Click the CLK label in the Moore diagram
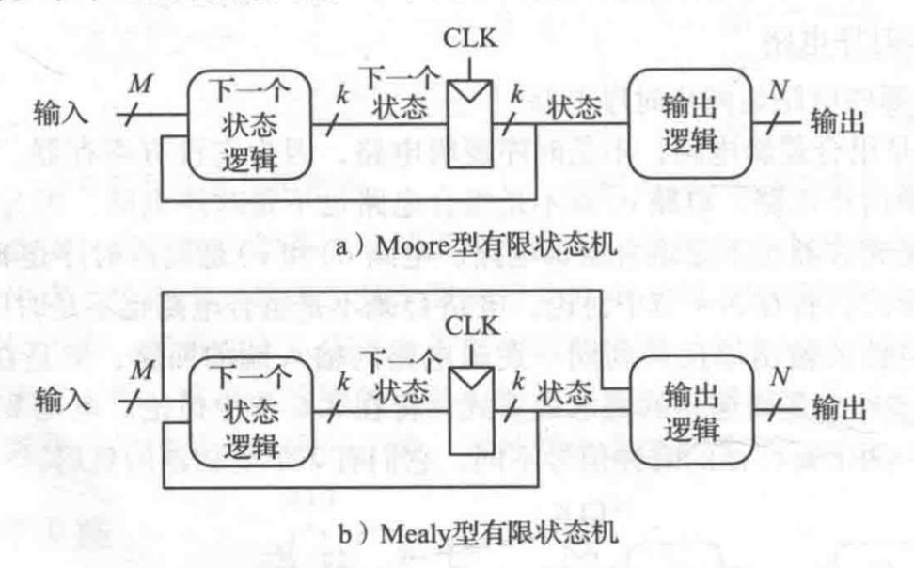coord(469,43)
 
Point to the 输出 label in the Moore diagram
coord(837,122)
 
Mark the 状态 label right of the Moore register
coord(574,108)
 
